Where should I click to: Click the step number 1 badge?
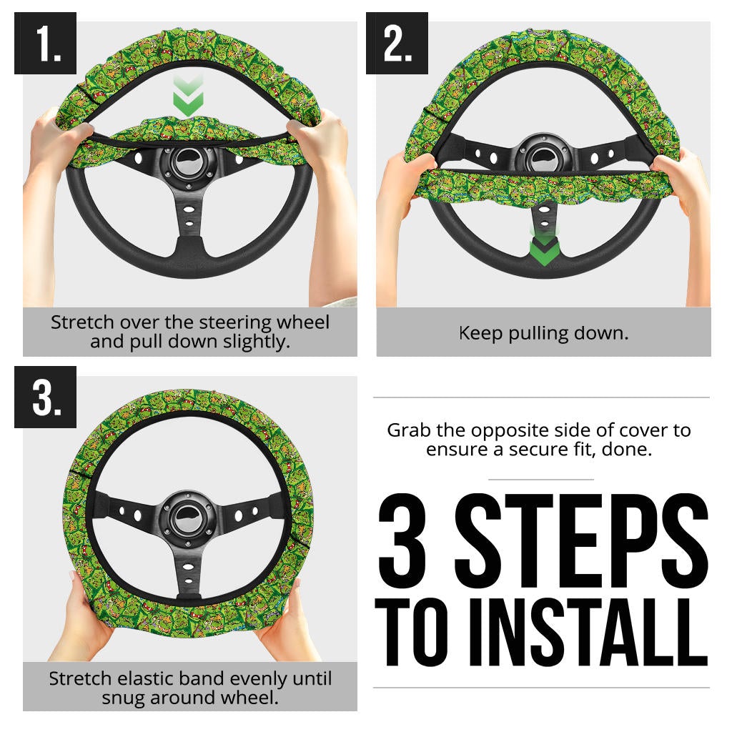pos(45,44)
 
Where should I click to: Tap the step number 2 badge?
pos(397,44)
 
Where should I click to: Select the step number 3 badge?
pos(45,397)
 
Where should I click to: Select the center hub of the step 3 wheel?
pos(190,512)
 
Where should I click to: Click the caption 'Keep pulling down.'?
pos(543,333)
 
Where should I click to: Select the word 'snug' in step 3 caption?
pos(122,697)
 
